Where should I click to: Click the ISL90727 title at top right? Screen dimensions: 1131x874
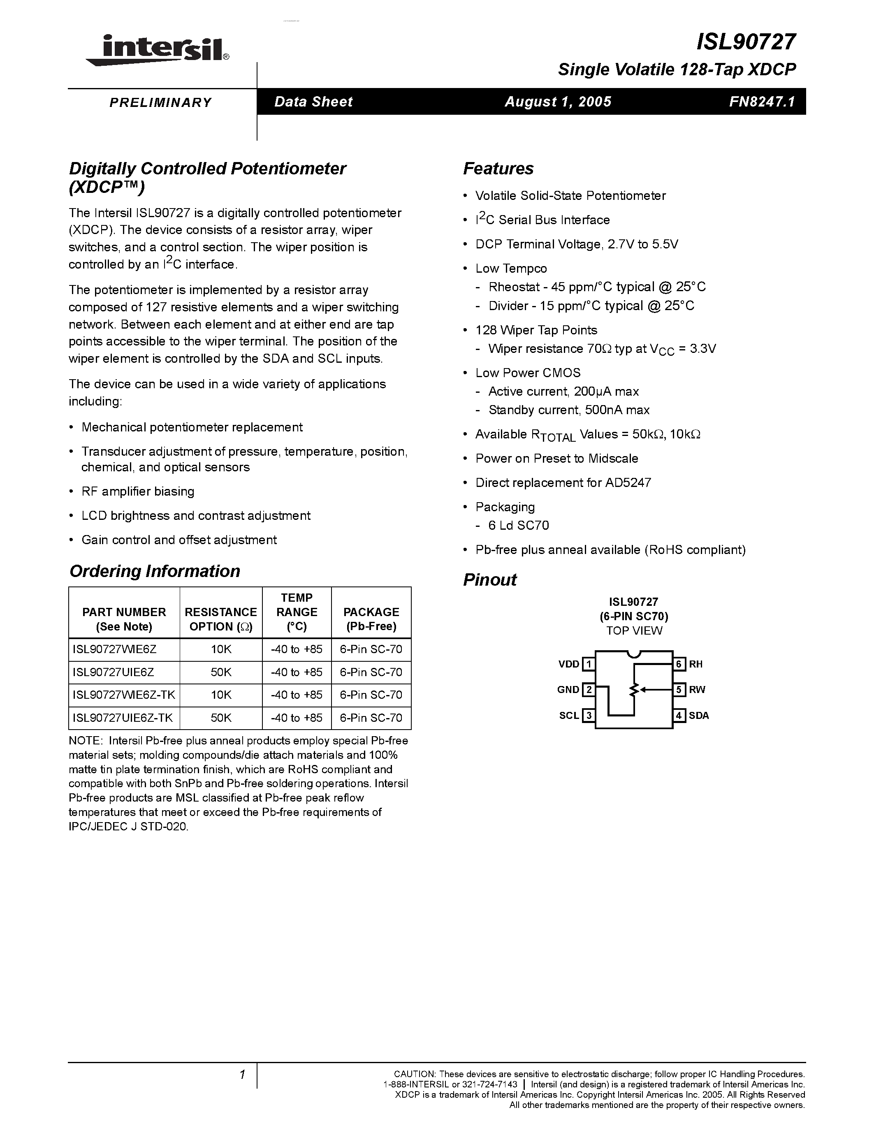[745, 42]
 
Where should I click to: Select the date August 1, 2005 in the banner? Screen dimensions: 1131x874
[558, 102]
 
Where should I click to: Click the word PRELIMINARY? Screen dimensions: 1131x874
[160, 102]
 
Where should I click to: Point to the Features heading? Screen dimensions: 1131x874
[498, 169]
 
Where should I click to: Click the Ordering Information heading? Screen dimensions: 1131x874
[154, 571]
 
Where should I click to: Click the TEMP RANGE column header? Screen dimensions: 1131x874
[297, 612]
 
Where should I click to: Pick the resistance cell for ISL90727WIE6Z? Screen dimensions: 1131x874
[221, 649]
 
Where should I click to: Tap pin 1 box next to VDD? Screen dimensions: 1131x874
[588, 664]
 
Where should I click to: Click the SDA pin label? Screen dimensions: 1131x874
[698, 716]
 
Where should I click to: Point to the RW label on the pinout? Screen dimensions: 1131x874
[697, 690]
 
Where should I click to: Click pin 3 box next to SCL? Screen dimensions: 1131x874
[588, 716]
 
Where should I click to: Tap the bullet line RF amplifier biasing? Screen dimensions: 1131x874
[138, 491]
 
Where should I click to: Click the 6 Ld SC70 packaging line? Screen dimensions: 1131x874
[518, 526]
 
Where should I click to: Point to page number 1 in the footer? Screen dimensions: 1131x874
[242, 1075]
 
